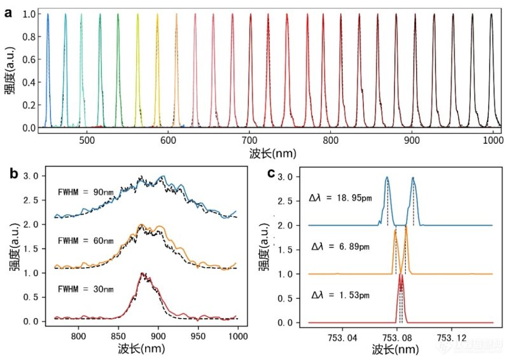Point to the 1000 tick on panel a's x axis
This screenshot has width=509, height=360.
(x=493, y=141)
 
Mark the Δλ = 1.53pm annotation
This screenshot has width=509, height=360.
(x=337, y=294)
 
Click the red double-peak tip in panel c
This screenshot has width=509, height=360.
(x=401, y=275)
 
